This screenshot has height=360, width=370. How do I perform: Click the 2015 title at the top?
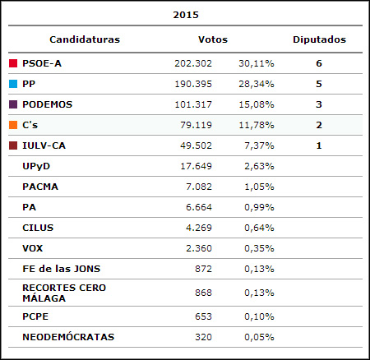186,15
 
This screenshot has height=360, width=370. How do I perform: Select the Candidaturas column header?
85,39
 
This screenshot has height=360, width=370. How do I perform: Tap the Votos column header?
213,39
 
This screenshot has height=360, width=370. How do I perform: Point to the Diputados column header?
319,39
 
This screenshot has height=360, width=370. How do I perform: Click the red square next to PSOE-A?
13,63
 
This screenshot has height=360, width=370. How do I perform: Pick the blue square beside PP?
13,84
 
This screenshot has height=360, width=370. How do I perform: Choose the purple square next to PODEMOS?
13,104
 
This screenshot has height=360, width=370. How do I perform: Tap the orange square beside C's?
13,125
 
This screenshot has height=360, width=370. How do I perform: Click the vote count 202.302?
193,63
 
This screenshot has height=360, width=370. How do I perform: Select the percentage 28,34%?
257,84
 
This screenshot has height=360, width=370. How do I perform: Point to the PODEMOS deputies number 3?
319,104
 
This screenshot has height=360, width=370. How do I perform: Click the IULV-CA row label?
44,145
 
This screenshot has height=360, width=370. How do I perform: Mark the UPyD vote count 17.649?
196,166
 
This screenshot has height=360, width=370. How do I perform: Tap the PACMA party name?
40,187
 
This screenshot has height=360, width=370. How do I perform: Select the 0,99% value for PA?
259,207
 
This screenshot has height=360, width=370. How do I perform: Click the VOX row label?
33,248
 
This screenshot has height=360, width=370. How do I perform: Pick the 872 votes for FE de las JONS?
203,269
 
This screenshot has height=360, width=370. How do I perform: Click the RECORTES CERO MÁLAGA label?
64,293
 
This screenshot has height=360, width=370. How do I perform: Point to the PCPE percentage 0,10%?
259,316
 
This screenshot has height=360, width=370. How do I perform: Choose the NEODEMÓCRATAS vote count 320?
203,337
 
